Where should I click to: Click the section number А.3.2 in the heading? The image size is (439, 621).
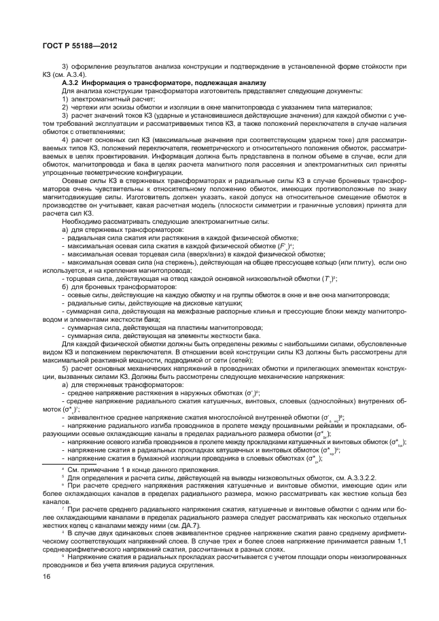[70, 82]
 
